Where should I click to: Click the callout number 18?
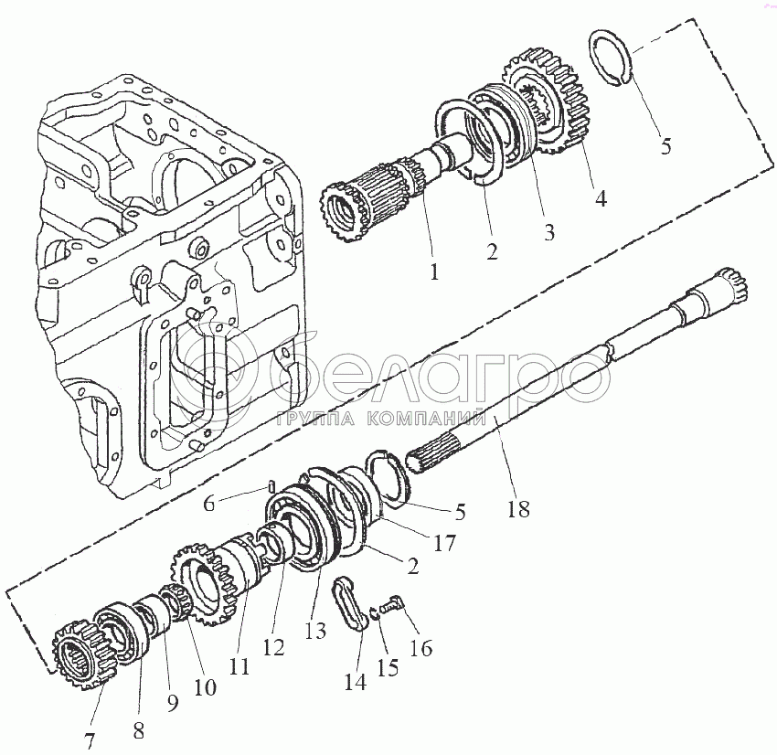tap(518, 509)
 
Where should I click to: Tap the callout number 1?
tap(434, 271)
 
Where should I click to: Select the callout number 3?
tap(548, 232)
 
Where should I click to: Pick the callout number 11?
tap(239, 665)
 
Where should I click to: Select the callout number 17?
tap(444, 543)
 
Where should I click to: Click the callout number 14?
tap(356, 681)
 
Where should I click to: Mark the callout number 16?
tap(421, 647)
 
